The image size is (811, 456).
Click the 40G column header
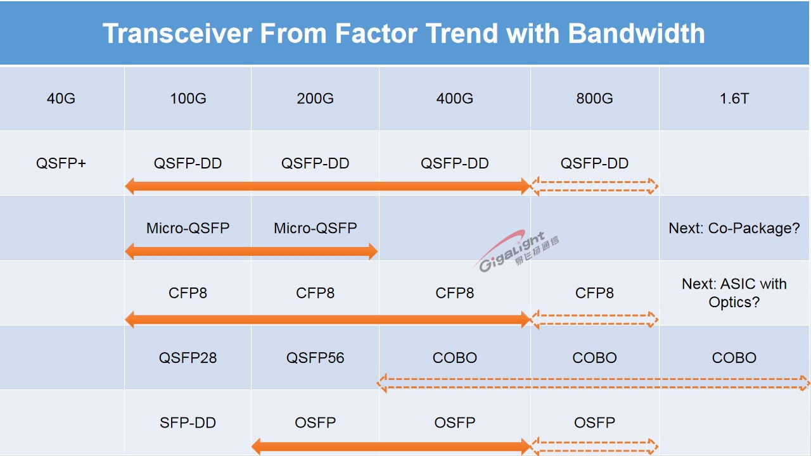click(x=61, y=98)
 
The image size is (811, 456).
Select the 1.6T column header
click(x=734, y=98)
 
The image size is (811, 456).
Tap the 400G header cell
click(x=454, y=98)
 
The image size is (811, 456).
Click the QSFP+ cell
click(x=61, y=163)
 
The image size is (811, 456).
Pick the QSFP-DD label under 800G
click(x=594, y=163)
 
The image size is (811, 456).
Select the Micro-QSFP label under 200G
click(x=315, y=228)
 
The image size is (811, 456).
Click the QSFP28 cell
click(x=188, y=358)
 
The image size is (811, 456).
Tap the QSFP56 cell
click(x=315, y=358)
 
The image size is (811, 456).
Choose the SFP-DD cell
click(x=188, y=422)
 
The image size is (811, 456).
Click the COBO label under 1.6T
click(x=734, y=358)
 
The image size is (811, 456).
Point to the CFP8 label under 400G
click(x=454, y=293)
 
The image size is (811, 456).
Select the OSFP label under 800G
click(x=594, y=422)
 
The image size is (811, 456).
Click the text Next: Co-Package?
click(x=734, y=228)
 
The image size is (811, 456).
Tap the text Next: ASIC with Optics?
click(x=734, y=293)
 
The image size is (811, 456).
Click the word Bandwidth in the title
click(x=636, y=34)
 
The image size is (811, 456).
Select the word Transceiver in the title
click(x=177, y=34)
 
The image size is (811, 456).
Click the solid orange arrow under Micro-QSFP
click(x=252, y=251)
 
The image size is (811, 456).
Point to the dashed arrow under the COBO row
click(x=594, y=383)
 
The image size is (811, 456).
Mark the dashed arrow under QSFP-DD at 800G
click(x=595, y=186)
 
